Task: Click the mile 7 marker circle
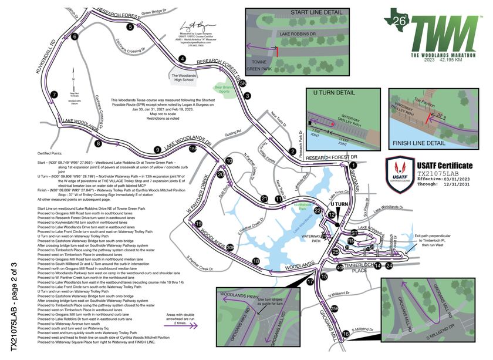click(53, 95)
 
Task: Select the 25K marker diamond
click(335, 308)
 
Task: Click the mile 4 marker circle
click(183, 59)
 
